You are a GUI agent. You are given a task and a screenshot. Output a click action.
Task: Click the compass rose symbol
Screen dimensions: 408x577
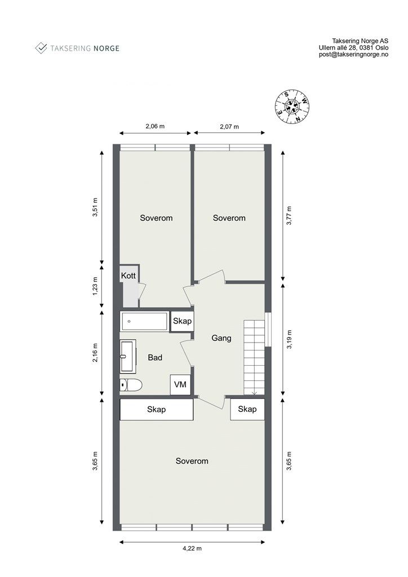tap(292, 106)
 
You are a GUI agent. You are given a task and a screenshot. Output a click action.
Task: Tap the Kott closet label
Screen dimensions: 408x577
tap(128, 276)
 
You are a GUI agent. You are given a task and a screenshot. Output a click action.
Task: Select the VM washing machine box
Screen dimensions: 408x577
tap(180, 384)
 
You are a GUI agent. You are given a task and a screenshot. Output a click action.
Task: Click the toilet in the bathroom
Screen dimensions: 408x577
tap(131, 385)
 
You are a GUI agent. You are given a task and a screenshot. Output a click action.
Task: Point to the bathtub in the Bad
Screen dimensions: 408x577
tap(145, 321)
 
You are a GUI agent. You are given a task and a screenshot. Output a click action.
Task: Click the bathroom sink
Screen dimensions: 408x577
tap(128, 356)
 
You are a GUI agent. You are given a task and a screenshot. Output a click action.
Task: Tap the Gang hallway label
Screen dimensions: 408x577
tap(221, 338)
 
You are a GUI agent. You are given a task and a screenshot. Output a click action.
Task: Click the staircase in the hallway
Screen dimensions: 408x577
tap(254, 357)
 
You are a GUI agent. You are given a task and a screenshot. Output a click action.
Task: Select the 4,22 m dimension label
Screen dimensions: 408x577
tap(192, 548)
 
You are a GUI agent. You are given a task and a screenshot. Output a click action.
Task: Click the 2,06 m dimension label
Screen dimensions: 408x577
tap(155, 126)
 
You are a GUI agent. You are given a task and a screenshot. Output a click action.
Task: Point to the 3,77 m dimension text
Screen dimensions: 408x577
tap(289, 216)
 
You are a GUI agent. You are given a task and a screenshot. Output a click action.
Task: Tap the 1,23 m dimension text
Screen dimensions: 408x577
tap(95, 286)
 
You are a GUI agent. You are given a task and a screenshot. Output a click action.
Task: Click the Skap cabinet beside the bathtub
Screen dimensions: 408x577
tap(182, 321)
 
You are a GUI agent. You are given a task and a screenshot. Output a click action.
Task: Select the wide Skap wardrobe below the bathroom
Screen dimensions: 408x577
tap(156, 409)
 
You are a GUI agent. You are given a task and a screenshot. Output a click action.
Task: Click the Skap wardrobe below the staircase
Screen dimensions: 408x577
tap(247, 409)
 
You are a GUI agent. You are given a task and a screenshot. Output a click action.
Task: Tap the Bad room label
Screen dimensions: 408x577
tap(155, 357)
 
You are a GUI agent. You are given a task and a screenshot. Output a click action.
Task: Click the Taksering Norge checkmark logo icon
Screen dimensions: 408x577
tap(41, 48)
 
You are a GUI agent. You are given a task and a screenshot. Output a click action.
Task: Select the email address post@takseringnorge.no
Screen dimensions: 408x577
tap(353, 55)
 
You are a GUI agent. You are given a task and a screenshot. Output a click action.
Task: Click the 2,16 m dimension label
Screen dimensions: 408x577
tap(95, 353)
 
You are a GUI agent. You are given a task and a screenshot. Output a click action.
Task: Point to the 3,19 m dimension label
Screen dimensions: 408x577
tap(289, 339)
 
